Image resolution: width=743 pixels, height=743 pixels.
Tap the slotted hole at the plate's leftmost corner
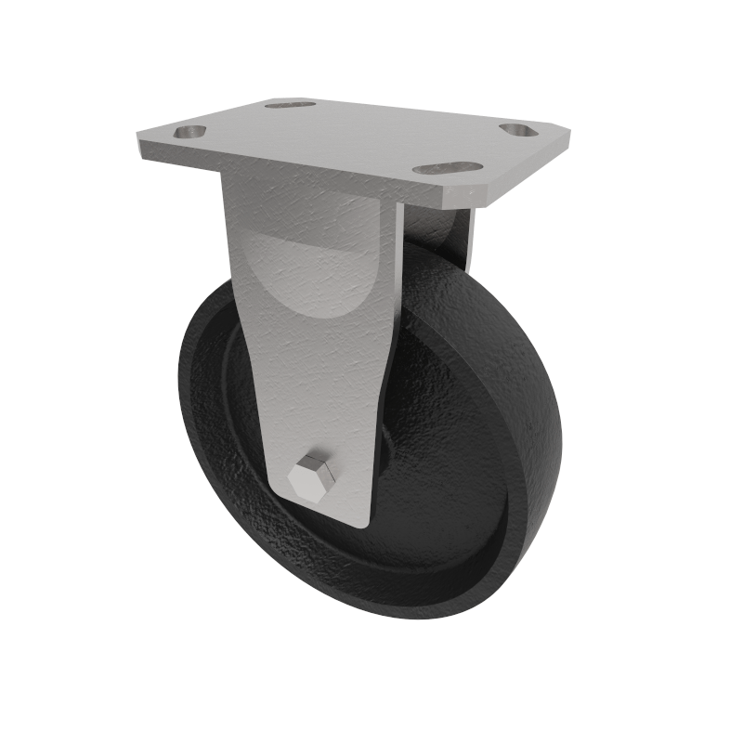189,133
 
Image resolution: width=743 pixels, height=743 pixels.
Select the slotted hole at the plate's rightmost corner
518,129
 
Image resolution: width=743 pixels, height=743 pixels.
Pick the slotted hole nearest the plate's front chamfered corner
447,169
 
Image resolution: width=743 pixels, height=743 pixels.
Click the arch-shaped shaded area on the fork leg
306,279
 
